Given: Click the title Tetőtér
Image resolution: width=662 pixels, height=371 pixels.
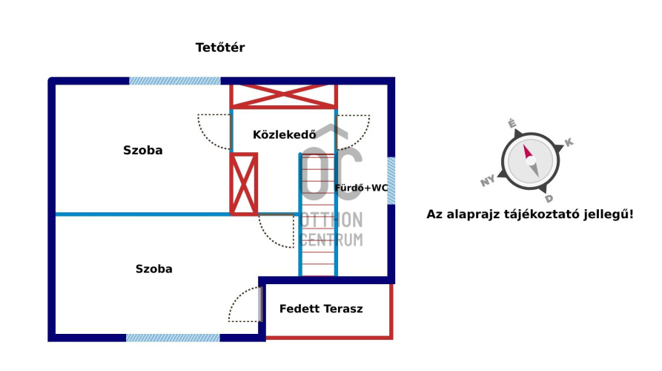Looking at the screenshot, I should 220,47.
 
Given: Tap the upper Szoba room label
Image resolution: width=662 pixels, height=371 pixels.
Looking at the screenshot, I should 143,151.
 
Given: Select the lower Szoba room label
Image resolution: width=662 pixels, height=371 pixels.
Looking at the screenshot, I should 153,269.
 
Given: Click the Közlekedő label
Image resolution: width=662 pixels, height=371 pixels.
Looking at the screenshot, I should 285,135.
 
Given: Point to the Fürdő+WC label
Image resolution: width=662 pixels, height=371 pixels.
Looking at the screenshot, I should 361,188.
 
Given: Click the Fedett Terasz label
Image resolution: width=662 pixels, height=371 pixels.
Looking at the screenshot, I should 321,309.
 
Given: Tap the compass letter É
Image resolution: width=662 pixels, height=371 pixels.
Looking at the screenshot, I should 511,123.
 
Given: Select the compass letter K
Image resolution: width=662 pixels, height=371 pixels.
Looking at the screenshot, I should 569,142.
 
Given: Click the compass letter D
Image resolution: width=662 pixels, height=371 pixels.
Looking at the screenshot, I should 549,198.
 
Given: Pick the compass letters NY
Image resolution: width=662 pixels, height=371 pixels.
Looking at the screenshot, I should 488,181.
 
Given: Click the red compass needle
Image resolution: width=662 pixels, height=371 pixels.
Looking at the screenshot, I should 529,154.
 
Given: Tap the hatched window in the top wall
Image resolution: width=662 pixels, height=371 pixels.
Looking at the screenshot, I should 175,81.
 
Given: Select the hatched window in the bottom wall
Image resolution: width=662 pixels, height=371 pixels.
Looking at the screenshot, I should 173,338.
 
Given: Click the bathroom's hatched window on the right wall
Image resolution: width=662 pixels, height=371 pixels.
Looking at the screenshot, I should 391,181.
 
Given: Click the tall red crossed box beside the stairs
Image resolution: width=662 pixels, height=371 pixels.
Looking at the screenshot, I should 244,184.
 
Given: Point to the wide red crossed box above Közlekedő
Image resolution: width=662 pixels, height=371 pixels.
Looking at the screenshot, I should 283,96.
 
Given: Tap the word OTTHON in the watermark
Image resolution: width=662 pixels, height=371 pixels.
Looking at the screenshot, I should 331,220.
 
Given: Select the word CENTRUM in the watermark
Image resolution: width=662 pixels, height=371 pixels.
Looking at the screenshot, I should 331,239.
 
